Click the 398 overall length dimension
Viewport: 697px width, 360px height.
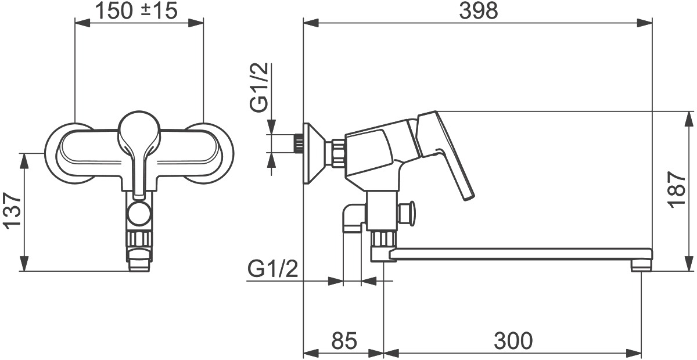tap(478, 11)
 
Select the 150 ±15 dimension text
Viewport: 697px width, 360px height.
tap(136, 11)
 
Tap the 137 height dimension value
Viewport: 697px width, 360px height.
tap(12, 211)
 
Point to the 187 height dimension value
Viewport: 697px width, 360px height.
tap(677, 190)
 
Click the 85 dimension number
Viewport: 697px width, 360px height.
tap(344, 341)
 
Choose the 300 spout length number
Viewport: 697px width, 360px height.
tap(513, 341)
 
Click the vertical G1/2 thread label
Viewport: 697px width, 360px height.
tap(259, 87)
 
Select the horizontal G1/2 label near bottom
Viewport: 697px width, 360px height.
tap(273, 269)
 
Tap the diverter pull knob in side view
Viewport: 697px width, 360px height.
tap(407, 213)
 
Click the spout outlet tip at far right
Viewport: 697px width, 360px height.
tap(642, 266)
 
